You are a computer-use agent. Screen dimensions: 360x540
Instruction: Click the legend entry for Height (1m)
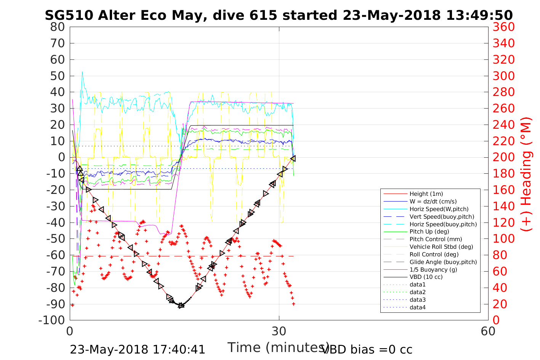point(426,194)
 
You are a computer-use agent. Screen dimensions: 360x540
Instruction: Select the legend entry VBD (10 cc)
point(426,277)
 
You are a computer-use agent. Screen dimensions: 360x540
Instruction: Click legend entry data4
point(417,307)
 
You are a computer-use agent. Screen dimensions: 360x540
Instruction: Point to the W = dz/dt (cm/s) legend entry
point(433,202)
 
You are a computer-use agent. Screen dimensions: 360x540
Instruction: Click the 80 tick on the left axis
point(58,27)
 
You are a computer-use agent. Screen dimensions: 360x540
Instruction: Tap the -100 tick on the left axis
point(52,320)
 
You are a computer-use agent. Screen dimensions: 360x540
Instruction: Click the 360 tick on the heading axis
point(504,27)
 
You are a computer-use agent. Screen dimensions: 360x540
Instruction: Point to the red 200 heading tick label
point(504,157)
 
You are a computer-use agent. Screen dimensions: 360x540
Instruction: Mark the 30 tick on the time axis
point(279,331)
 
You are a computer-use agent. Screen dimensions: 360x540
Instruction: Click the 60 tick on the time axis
point(488,331)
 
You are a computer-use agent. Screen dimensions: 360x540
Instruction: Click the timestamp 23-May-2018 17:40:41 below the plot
point(138,349)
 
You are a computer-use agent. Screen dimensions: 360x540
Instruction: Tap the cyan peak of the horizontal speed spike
point(82,72)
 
